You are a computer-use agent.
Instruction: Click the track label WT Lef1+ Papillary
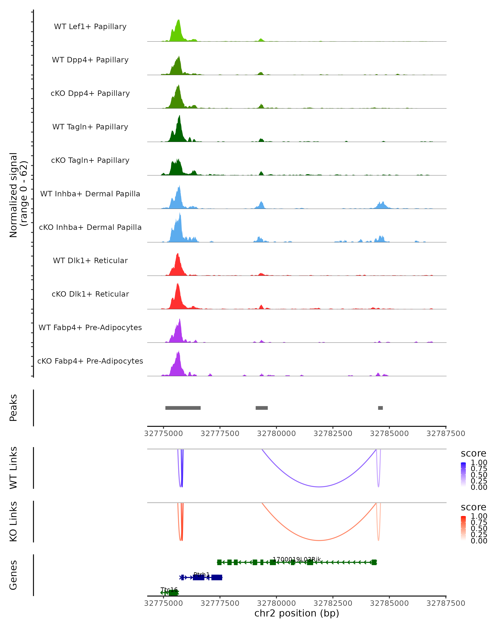(90, 27)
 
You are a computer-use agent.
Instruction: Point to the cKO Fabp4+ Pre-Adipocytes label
(90, 361)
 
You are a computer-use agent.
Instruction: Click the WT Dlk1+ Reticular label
(90, 261)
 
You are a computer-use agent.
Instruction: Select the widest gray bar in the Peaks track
(183, 408)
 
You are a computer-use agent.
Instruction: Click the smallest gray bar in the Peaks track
(380, 408)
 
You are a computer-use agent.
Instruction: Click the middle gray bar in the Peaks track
(262, 408)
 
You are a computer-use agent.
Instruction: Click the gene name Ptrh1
(201, 575)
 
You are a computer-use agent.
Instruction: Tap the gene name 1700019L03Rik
(297, 559)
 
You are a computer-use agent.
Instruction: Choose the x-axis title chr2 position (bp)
(297, 613)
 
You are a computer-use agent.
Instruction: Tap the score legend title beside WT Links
(474, 454)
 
